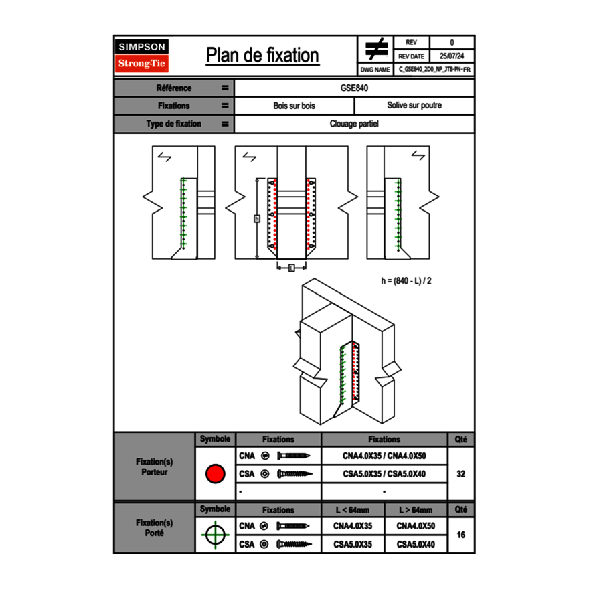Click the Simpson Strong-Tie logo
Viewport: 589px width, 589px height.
tap(142, 56)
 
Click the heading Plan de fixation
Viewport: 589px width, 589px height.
tap(262, 56)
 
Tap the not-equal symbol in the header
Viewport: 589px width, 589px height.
tap(376, 48)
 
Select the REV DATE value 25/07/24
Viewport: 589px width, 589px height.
tap(452, 56)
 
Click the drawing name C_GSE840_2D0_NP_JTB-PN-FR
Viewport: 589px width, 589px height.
tap(434, 70)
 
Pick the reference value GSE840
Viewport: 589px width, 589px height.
tap(355, 88)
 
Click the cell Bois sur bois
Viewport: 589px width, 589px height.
tap(294, 106)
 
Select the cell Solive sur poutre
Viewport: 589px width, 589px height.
tap(414, 106)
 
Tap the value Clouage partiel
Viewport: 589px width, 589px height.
tap(355, 124)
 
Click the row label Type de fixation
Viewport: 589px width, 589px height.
tap(173, 124)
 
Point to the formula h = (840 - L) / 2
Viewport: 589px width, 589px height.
tap(406, 281)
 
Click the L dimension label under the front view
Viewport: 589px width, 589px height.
tap(291, 268)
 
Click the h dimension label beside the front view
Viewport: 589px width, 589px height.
tap(257, 218)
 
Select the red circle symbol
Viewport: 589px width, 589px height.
tap(215, 474)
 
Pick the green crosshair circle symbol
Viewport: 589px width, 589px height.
tap(215, 535)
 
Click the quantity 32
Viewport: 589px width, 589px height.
tap(460, 474)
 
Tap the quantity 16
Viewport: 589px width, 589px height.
tap(460, 535)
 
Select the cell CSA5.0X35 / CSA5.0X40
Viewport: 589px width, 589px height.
tap(384, 474)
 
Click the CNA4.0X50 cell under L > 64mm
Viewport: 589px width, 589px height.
tap(416, 526)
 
